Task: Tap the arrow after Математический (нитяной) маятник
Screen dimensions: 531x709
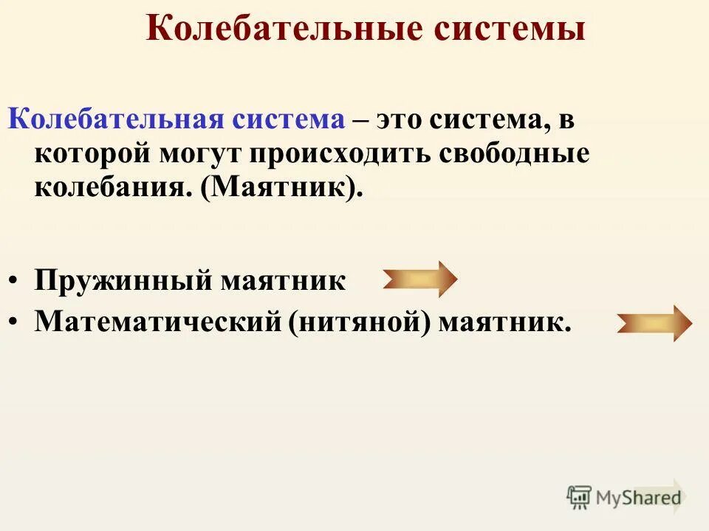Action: coord(654,322)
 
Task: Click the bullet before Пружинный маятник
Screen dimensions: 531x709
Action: coord(15,282)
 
